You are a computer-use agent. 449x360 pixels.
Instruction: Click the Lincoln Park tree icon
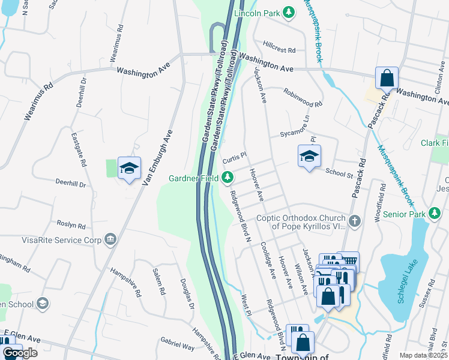point(289,11)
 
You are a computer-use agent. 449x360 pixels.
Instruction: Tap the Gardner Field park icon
point(228,177)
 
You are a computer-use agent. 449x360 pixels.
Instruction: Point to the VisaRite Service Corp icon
point(110,240)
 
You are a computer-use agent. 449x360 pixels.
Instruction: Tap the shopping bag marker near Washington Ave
point(387,79)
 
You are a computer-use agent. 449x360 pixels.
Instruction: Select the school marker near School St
point(310,157)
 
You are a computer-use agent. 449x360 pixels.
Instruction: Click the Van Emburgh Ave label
point(157,157)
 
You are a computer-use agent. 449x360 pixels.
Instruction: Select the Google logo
point(20,353)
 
